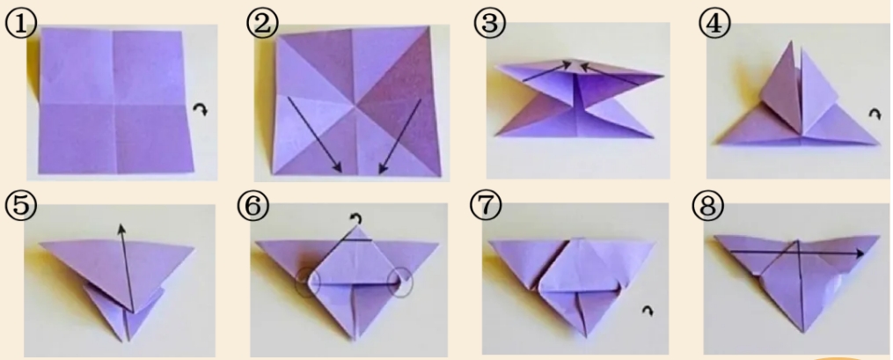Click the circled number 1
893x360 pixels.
21,24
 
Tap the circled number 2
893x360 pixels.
262,24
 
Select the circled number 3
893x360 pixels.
489,25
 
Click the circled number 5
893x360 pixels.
20,207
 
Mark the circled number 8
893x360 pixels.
708,207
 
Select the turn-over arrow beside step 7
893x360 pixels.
648,311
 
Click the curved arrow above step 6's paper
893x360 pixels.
356,218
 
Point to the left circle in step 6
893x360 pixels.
308,282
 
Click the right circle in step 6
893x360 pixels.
400,282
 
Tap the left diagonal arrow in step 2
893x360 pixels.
314,135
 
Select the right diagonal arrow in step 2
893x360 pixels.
400,135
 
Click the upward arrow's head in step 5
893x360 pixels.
121,229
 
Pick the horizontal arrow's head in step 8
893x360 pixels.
859,253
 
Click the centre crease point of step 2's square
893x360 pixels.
356,106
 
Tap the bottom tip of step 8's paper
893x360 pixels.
803,332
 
